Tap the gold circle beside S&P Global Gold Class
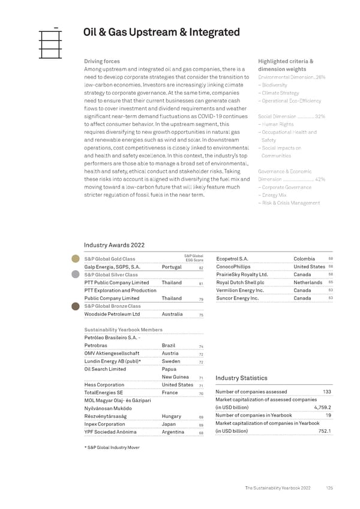point(76,259)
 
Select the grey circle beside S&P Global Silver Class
point(76,274)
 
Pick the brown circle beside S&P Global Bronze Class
point(76,306)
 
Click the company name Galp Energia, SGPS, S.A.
point(113,267)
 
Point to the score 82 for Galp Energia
point(202,268)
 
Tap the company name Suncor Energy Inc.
point(237,298)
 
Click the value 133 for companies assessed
point(327,392)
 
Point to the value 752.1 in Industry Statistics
point(325,431)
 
